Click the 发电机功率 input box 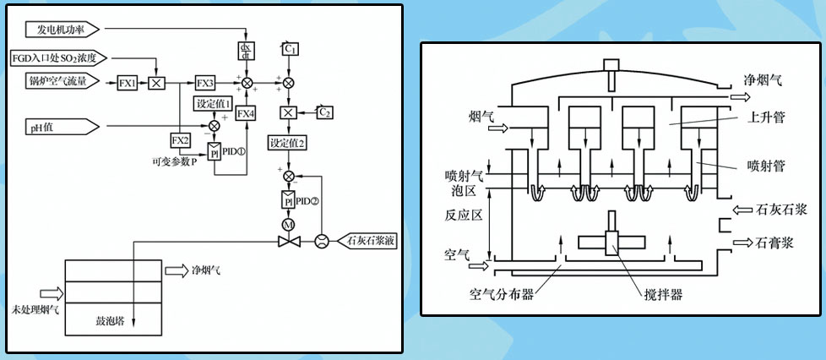click(x=63, y=30)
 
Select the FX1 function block click(x=128, y=82)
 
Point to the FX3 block click(x=205, y=82)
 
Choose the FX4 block click(x=245, y=112)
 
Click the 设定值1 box click(x=214, y=103)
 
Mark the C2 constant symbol click(x=325, y=112)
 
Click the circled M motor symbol click(x=287, y=224)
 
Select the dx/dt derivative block click(x=247, y=51)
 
